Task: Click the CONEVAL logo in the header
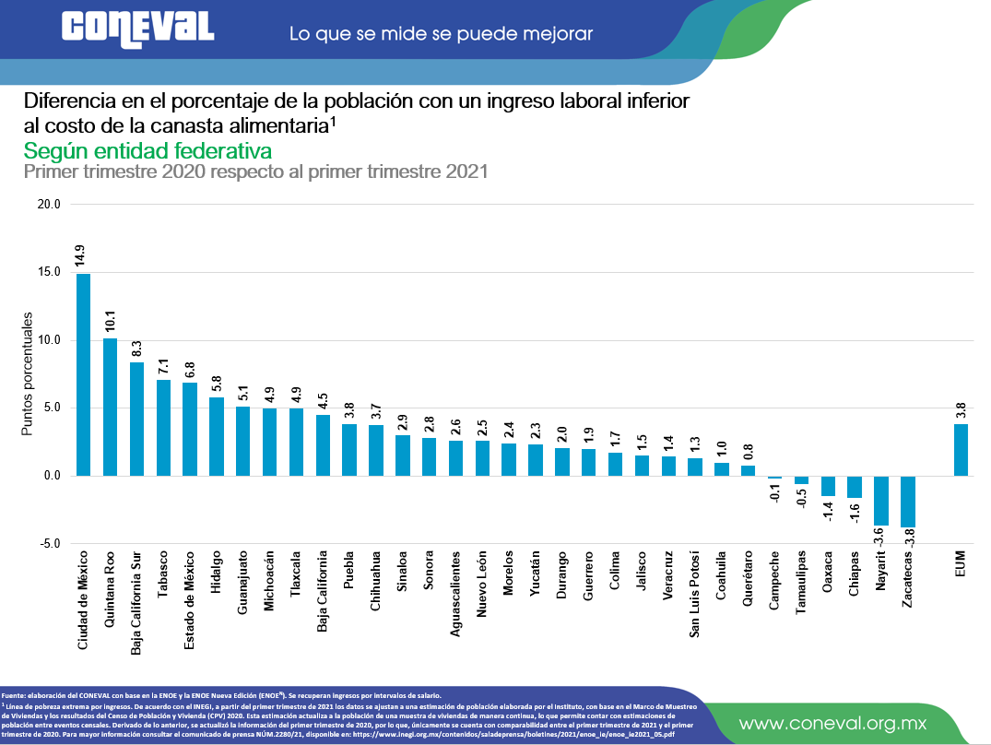[x=138, y=28]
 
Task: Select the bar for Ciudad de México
[x=83, y=374]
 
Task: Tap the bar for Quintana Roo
[x=110, y=407]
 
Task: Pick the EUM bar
[x=961, y=450]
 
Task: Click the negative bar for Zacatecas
[x=908, y=502]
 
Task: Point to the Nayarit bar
[x=881, y=501]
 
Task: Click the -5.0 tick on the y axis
[x=48, y=544]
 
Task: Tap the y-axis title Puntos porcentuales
[x=29, y=373]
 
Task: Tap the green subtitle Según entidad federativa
[x=147, y=150]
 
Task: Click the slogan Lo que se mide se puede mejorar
[x=441, y=34]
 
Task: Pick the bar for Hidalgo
[x=217, y=436]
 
